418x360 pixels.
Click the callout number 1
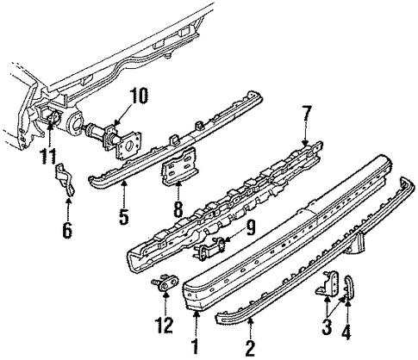(x=196, y=347)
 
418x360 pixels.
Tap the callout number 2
(x=250, y=348)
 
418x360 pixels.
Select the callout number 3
(x=327, y=327)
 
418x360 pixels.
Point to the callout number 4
(x=346, y=332)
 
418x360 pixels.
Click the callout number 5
(x=124, y=216)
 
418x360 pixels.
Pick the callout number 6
(x=67, y=230)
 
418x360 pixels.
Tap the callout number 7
(x=307, y=115)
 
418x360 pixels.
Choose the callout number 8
(x=178, y=209)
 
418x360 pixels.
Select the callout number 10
(x=139, y=96)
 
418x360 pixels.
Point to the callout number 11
(x=48, y=156)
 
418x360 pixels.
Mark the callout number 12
(x=165, y=326)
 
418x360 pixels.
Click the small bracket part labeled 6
(x=66, y=179)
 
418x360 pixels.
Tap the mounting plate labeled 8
(x=179, y=166)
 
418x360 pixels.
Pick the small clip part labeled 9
(x=210, y=249)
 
